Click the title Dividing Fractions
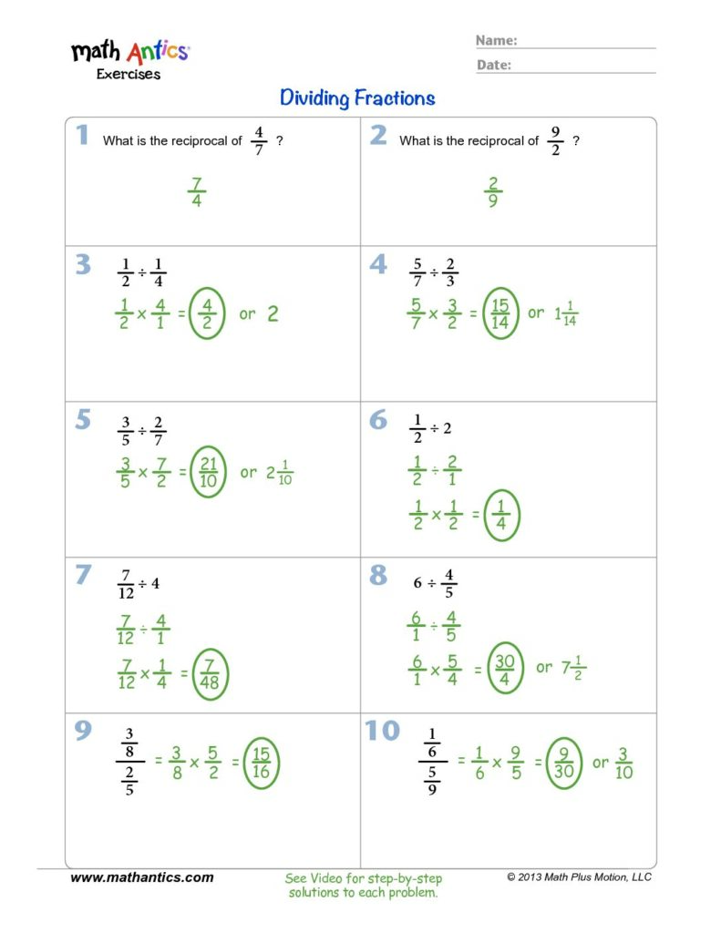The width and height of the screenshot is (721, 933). pyautogui.click(x=357, y=97)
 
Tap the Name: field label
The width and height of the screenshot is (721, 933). pyautogui.click(x=497, y=40)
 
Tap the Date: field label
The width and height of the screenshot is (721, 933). pyautogui.click(x=494, y=65)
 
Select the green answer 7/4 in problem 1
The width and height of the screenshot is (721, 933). pyautogui.click(x=197, y=193)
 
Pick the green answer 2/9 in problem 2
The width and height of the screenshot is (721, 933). pyautogui.click(x=492, y=193)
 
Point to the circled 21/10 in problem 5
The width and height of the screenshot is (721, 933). pyautogui.click(x=208, y=472)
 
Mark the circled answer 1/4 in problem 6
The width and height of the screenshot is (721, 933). pyautogui.click(x=501, y=516)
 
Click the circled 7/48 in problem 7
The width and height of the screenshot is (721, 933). pyautogui.click(x=210, y=675)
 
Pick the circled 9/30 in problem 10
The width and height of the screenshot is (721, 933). pyautogui.click(x=563, y=764)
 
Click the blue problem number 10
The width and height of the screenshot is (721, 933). pyautogui.click(x=383, y=732)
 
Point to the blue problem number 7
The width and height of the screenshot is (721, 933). pyautogui.click(x=83, y=576)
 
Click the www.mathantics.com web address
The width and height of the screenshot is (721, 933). pyautogui.click(x=142, y=877)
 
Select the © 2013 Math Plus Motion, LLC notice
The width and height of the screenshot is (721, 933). pyautogui.click(x=579, y=877)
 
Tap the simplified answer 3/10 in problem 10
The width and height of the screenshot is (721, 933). pyautogui.click(x=623, y=764)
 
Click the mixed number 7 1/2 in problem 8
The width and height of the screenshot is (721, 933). pyautogui.click(x=572, y=668)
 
